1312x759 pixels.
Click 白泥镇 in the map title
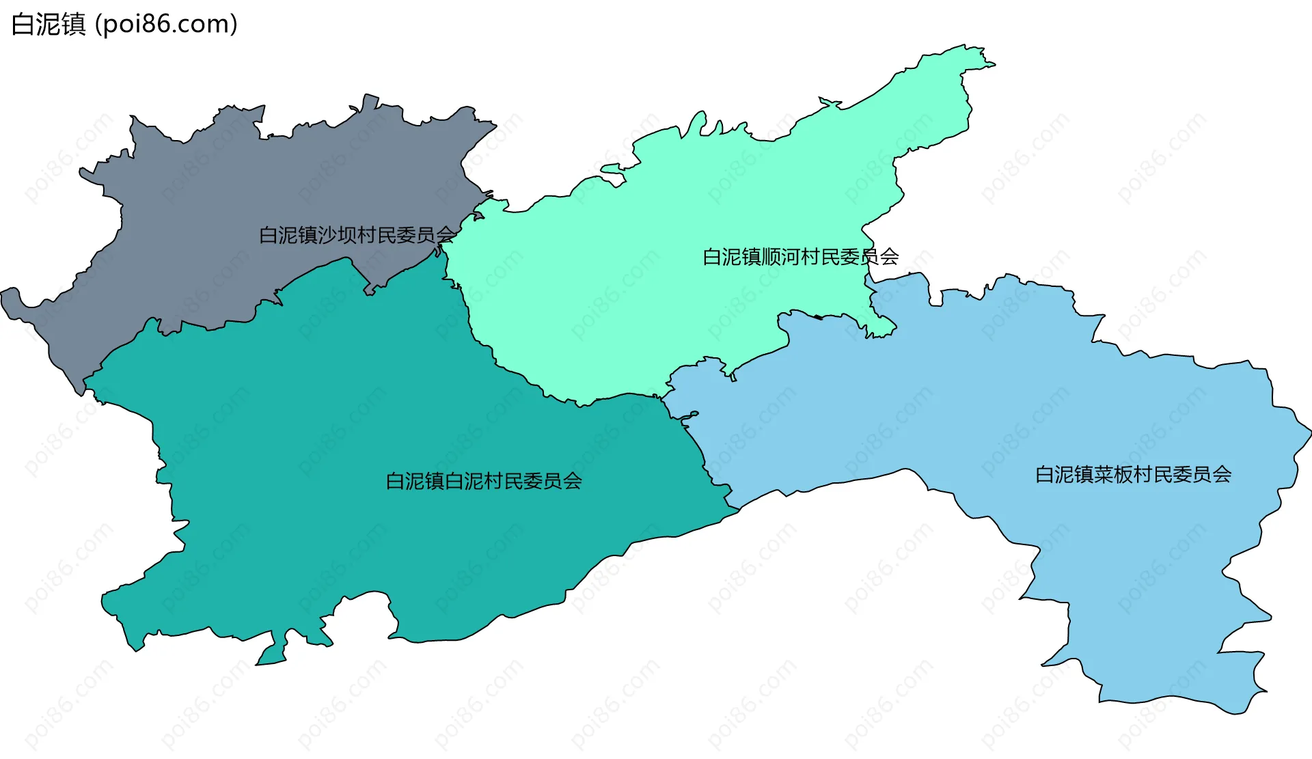[49, 25]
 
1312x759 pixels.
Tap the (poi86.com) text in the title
[166, 25]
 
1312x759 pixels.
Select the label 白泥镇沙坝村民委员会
[357, 235]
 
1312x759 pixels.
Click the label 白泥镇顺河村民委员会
[800, 257]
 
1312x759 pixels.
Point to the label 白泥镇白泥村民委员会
[484, 481]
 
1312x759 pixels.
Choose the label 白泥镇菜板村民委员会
[1133, 474]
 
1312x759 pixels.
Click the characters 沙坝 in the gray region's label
[337, 235]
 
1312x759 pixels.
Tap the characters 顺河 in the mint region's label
[781, 257]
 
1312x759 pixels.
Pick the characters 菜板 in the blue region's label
[1114, 474]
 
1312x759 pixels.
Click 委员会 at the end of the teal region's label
[553, 481]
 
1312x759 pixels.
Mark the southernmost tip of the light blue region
[1237, 713]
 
